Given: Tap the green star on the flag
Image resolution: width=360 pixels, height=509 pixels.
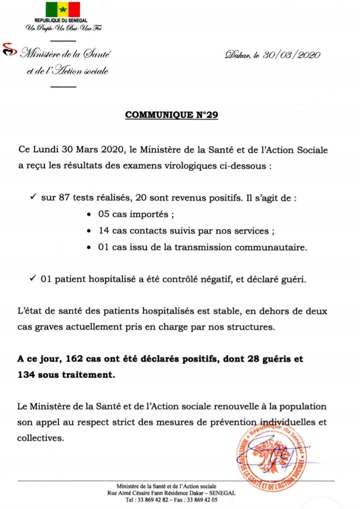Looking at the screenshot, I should tap(63, 9).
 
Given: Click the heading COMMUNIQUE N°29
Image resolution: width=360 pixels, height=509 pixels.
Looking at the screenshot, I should tap(170, 114).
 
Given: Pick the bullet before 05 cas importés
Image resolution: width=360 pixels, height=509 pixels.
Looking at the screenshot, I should tap(88, 215).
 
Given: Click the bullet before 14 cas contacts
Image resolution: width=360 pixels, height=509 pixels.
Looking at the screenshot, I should tap(88, 232).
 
